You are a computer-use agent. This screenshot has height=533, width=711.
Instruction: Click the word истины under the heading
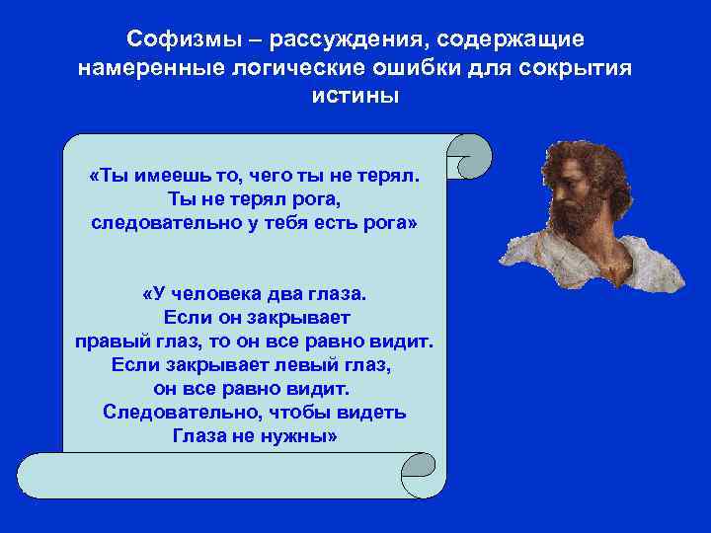coord(355,98)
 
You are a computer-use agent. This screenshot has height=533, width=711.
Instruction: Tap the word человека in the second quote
coord(229,294)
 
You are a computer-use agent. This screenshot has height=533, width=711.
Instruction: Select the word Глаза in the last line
coord(201,436)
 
